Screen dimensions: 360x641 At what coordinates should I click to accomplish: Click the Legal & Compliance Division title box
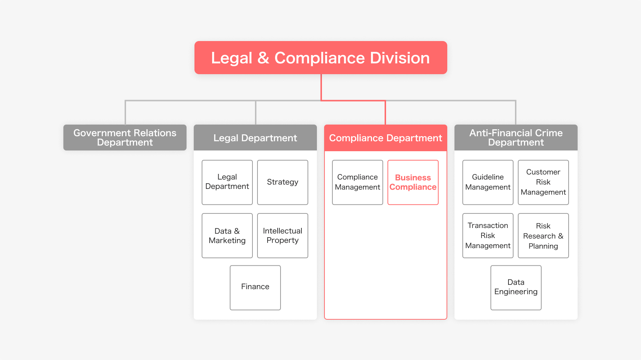coord(320,58)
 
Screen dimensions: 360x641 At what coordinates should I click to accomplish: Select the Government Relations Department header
coord(125,138)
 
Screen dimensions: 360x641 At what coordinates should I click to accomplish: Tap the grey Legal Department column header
coord(255,138)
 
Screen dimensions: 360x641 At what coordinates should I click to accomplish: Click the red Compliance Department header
coord(385,138)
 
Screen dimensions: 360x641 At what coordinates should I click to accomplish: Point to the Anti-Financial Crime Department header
coord(516,138)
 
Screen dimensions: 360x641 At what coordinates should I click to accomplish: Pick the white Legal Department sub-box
coord(227,182)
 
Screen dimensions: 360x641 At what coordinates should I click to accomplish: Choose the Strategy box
coord(282,182)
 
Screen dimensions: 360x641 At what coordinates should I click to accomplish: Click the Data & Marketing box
coord(227,235)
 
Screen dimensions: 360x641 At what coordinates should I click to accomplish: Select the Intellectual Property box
coord(282,235)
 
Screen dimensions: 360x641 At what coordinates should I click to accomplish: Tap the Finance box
coord(255,287)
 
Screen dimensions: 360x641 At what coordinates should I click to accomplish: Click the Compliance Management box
coord(357,182)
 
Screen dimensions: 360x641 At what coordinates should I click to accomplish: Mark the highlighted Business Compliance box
coord(413,182)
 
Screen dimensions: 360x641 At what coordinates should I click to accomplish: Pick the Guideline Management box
coord(488,182)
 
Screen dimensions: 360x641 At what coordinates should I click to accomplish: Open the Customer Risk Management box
coord(543,182)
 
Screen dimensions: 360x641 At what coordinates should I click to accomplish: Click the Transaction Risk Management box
coord(488,235)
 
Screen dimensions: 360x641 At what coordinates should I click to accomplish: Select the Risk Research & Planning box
coord(543,235)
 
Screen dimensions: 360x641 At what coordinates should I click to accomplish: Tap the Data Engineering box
coord(516,287)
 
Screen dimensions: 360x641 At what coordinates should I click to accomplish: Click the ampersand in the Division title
coord(263,58)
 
